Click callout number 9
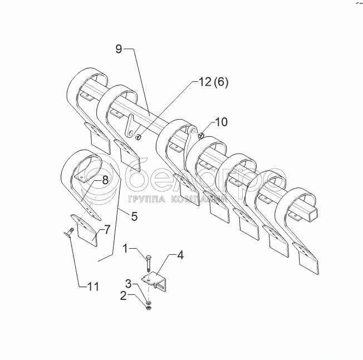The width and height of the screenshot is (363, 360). point(119,48)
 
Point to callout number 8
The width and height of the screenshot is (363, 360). point(105,180)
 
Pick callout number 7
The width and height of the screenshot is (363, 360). point(107,228)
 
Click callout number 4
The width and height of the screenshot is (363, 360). point(180,257)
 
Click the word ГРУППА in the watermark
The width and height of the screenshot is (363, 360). point(146,200)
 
